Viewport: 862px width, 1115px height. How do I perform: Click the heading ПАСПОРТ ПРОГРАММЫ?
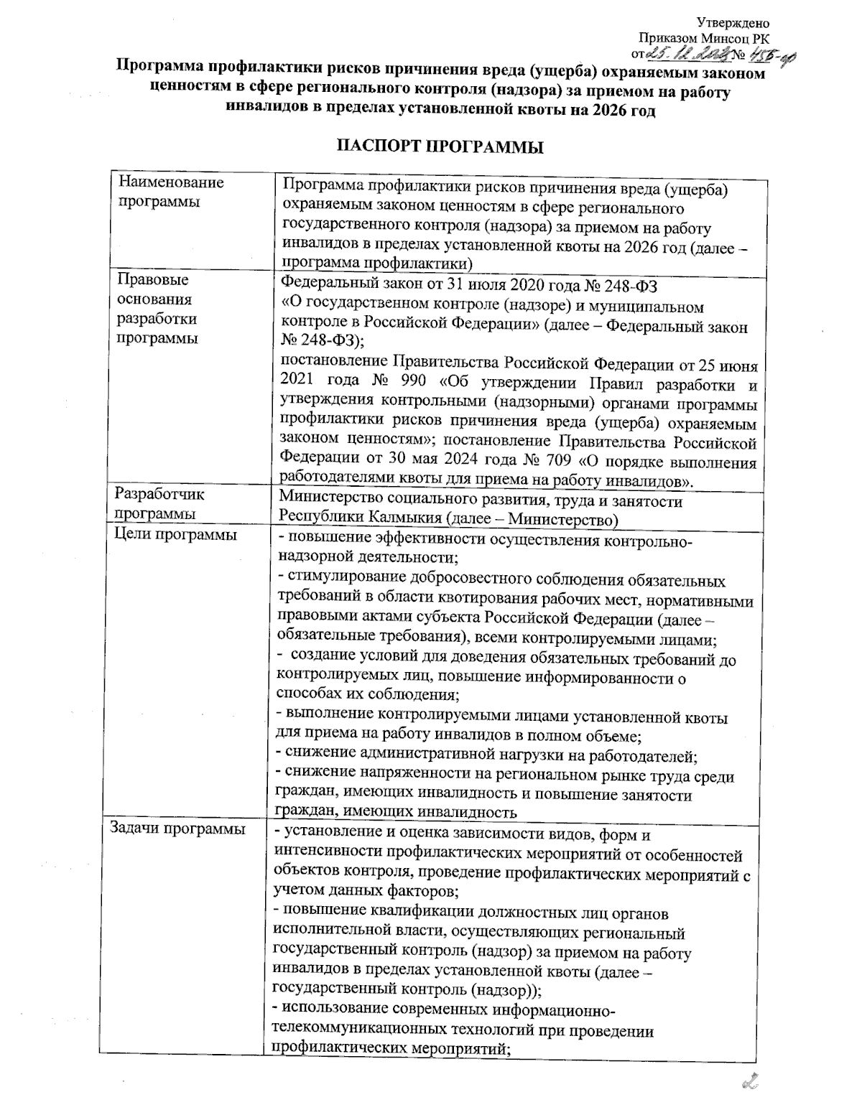click(x=440, y=148)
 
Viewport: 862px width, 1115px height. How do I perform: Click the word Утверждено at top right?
click(x=739, y=24)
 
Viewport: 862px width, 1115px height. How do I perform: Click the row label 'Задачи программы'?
click(x=176, y=829)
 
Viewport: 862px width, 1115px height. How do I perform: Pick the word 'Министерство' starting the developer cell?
click(x=329, y=500)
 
